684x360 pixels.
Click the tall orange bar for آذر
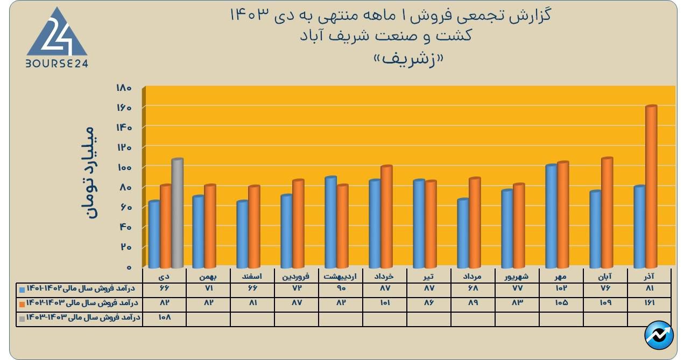click(x=651, y=186)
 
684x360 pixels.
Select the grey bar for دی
click(x=177, y=213)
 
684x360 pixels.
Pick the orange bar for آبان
click(x=607, y=213)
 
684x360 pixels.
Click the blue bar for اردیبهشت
click(x=330, y=222)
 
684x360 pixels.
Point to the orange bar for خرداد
click(x=386, y=216)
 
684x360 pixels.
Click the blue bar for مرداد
click(x=463, y=233)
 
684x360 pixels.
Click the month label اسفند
click(x=252, y=276)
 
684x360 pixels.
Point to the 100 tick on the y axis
click(x=124, y=167)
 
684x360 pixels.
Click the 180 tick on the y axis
click(x=124, y=88)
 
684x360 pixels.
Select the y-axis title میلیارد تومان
click(x=89, y=172)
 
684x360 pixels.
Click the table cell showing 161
click(x=648, y=303)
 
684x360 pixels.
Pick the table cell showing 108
click(x=164, y=317)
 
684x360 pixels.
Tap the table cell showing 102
click(x=561, y=288)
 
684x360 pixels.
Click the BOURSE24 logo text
click(x=57, y=63)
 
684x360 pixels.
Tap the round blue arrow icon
click(x=659, y=336)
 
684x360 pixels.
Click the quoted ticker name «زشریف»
click(x=341, y=59)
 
